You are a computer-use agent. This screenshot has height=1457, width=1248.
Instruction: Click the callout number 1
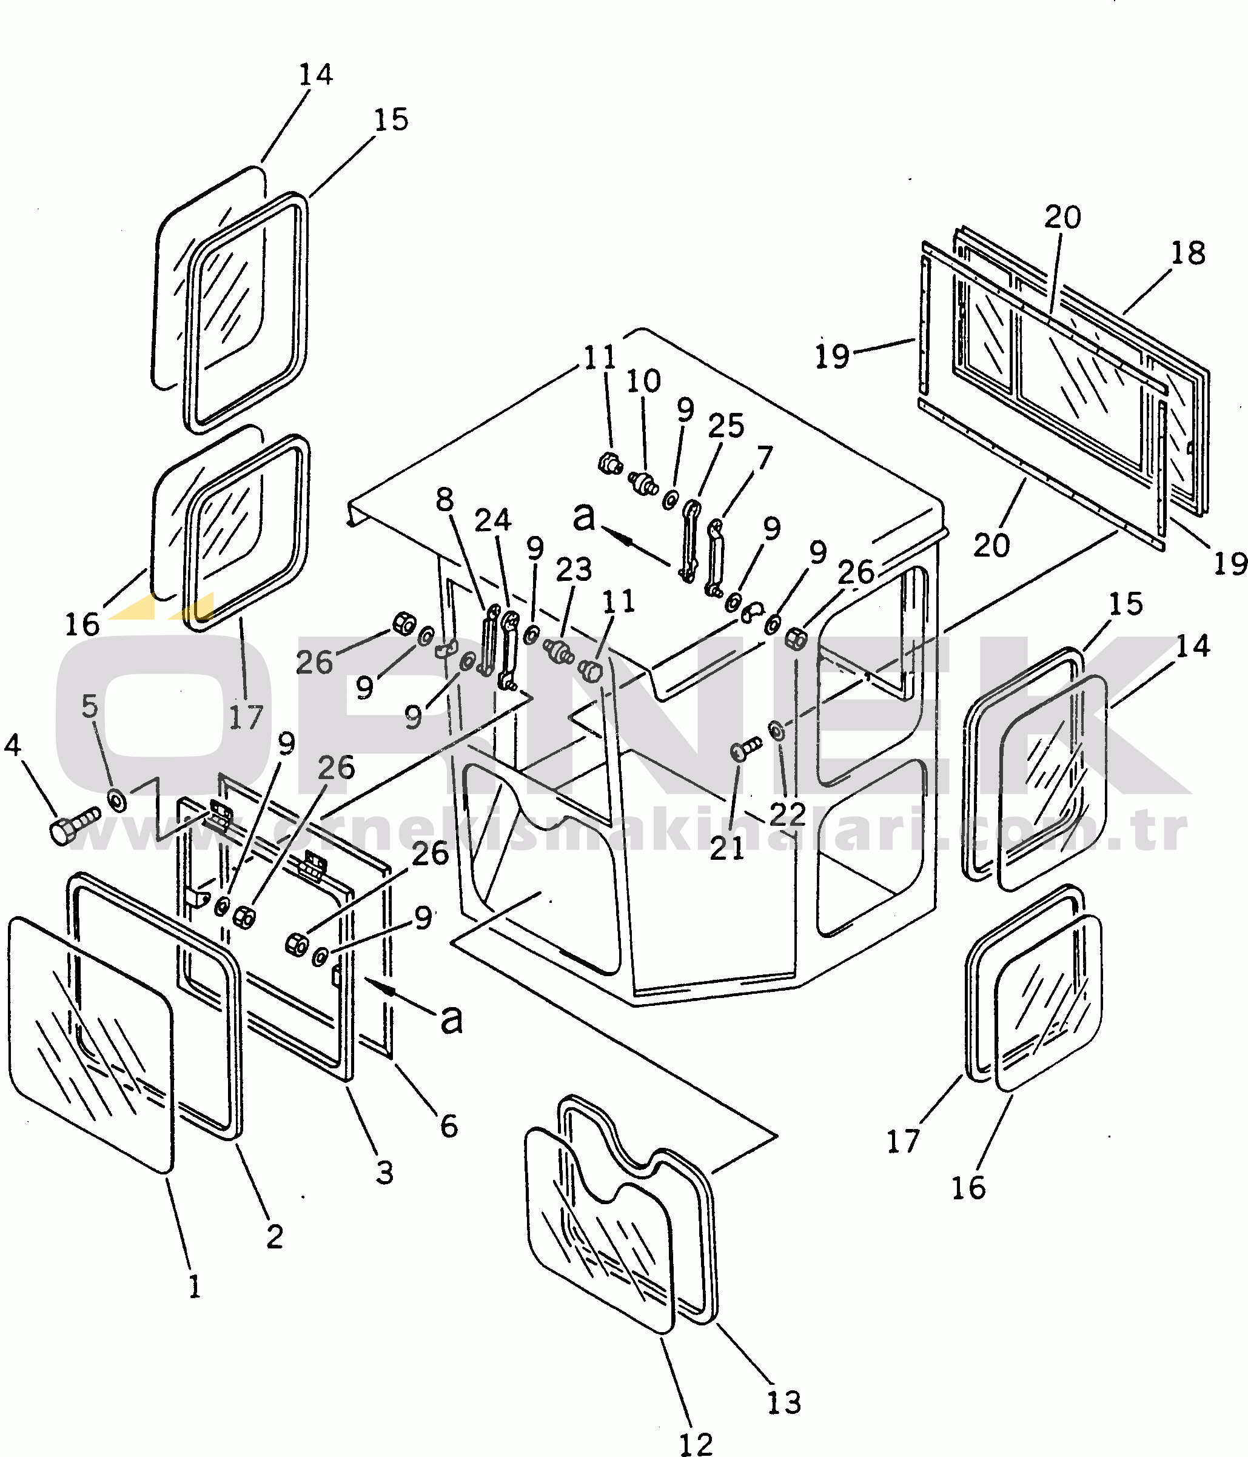coord(195,1287)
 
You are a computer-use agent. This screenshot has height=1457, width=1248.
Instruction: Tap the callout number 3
coord(384,1172)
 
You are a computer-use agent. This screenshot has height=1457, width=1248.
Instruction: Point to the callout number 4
coord(13,745)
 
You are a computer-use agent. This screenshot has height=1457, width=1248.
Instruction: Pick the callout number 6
coord(449,1126)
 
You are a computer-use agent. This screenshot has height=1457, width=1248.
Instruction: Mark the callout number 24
coord(492,520)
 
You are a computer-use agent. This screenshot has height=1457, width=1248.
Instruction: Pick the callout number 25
coord(726,426)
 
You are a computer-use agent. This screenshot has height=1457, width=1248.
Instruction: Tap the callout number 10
coord(643,381)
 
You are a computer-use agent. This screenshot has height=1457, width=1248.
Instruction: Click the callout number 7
coord(765,457)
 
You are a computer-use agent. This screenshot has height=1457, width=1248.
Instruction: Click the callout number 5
coord(89,705)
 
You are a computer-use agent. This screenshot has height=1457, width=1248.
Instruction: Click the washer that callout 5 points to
coord(116,800)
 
